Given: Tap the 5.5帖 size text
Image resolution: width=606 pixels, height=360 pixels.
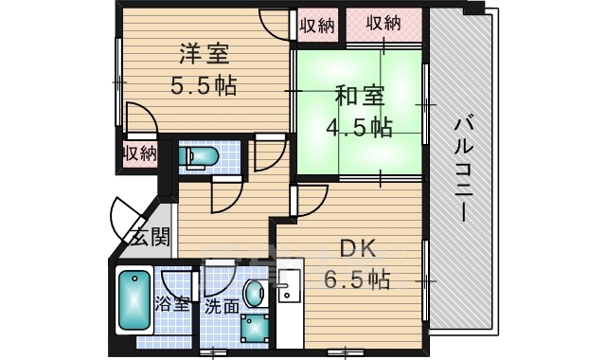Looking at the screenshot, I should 203,85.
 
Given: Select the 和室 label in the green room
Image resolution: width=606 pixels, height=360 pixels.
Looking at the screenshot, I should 359,96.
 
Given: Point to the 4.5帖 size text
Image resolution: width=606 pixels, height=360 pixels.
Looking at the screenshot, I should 359,127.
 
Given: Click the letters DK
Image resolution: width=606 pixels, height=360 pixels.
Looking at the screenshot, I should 359,249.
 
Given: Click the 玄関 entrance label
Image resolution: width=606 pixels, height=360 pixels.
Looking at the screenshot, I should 149,237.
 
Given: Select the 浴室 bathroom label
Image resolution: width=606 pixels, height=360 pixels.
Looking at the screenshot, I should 172,305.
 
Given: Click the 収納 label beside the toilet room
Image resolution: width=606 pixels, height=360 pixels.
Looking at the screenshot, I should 139,153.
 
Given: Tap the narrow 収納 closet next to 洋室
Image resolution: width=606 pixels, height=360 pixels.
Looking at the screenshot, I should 316,25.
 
